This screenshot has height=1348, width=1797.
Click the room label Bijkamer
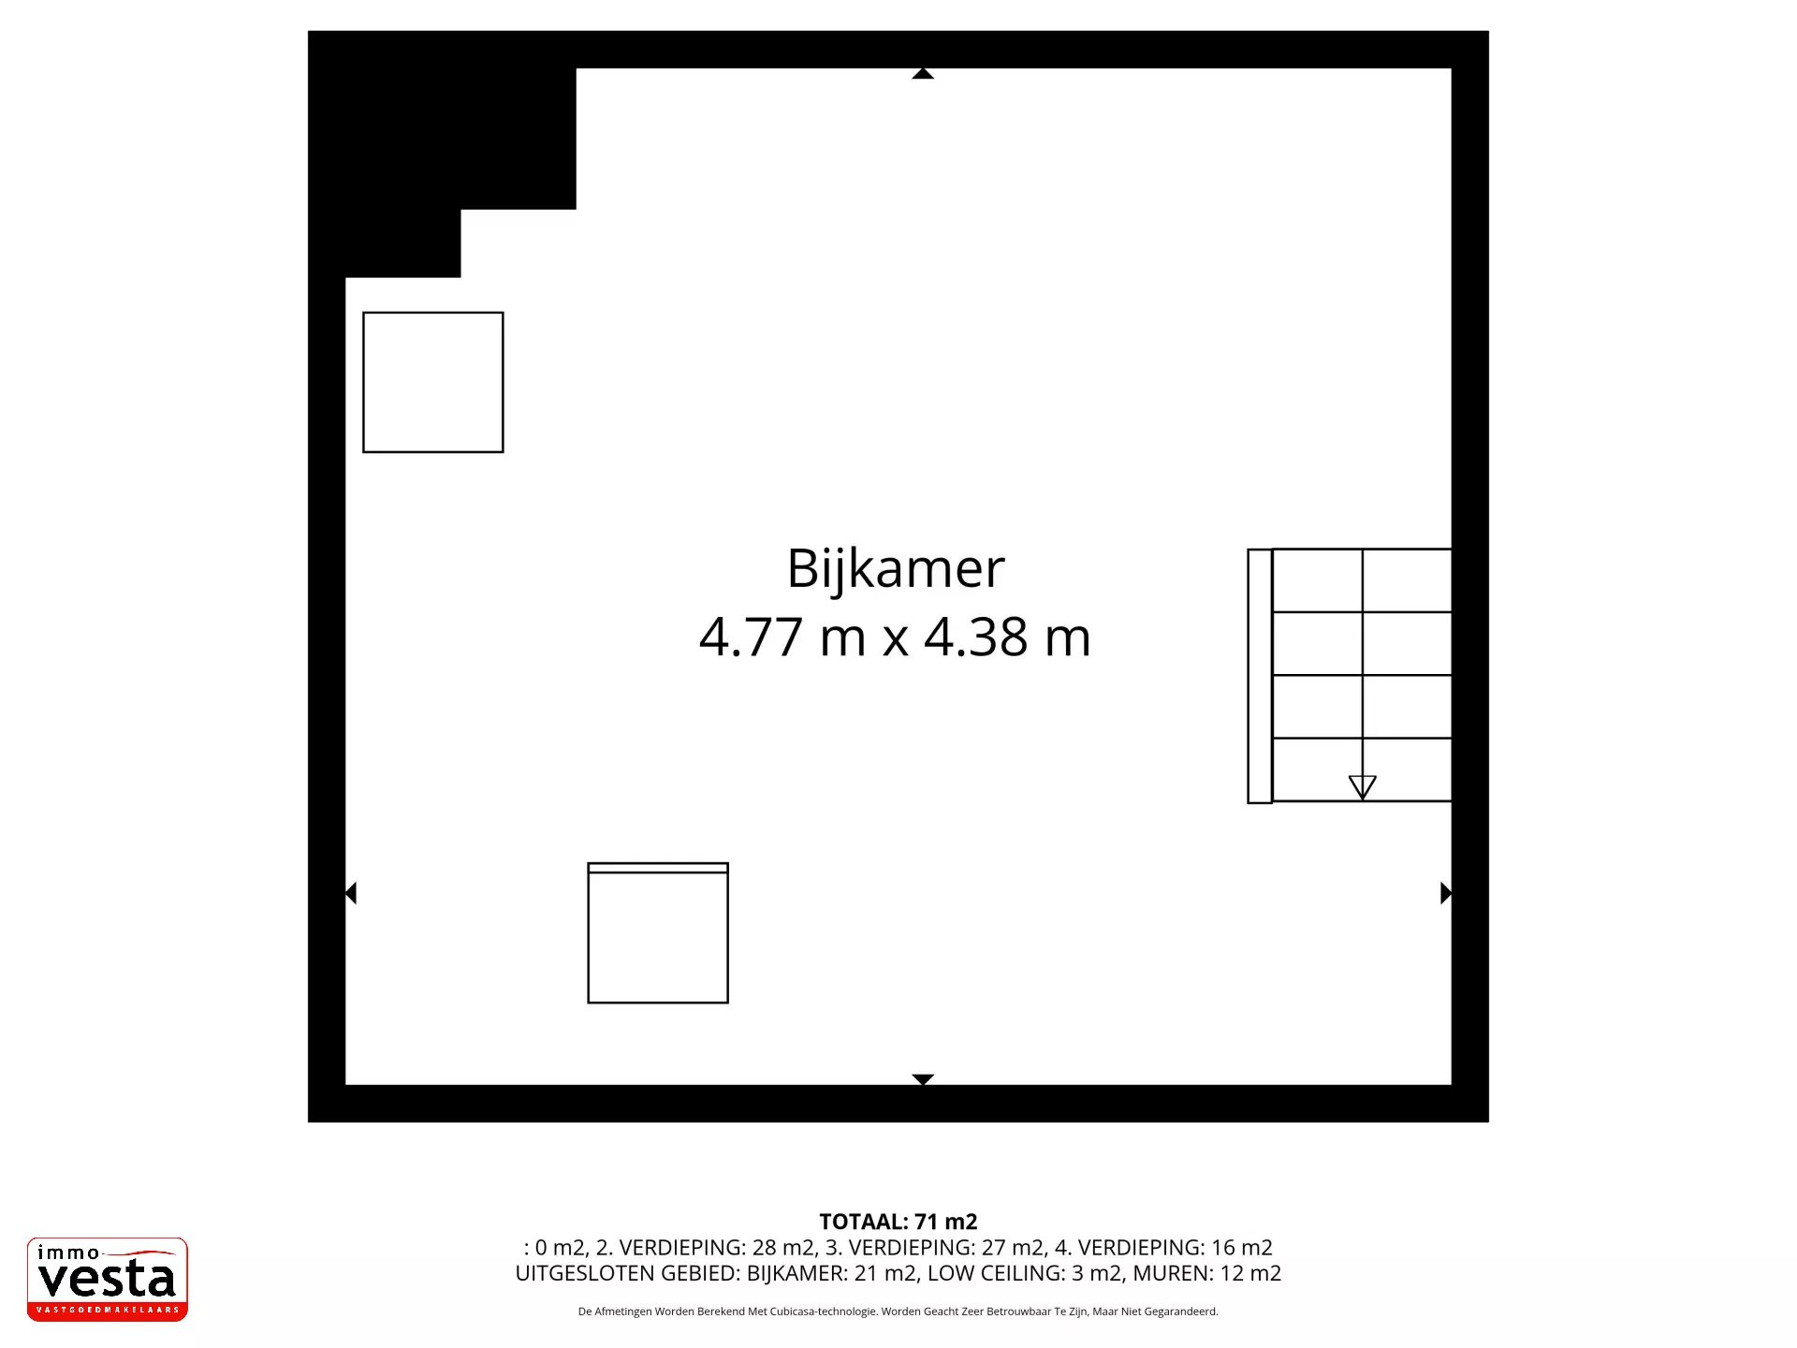tap(895, 568)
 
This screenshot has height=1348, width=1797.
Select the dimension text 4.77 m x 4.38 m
tap(895, 637)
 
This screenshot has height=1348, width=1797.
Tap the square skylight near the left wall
tap(432, 382)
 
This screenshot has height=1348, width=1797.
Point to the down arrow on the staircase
tap(1362, 786)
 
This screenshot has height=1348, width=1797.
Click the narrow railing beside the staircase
tap(1259, 676)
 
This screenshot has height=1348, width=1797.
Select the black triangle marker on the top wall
tap(923, 73)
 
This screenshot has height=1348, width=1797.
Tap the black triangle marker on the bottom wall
tap(923, 1079)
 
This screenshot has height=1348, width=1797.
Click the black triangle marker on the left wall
tap(351, 893)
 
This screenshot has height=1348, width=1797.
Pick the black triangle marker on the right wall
tap(1445, 893)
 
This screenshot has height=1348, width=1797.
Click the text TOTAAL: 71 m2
tap(898, 1222)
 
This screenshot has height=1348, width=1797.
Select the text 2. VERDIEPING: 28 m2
tap(705, 1248)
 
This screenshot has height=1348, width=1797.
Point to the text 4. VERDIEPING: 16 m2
tap(1163, 1248)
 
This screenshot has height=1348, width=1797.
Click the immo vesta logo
tap(107, 1279)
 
